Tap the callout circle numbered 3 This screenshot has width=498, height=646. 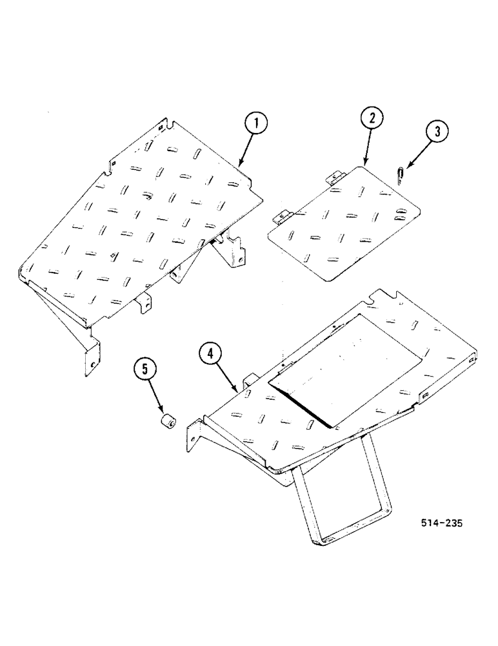point(437,132)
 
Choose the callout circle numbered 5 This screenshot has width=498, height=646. point(145,370)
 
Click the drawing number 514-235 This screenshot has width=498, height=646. point(439,524)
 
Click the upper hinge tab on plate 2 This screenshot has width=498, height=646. point(336,175)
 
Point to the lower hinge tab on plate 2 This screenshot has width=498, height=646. point(283,218)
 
